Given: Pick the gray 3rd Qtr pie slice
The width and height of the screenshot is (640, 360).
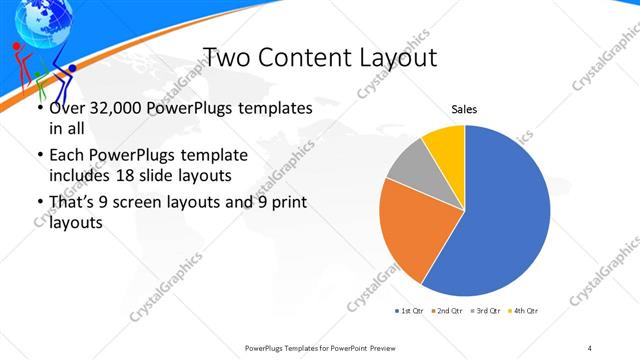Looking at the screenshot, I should pyautogui.click(x=408, y=168).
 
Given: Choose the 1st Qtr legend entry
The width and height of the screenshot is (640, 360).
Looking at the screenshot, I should pyautogui.click(x=409, y=311).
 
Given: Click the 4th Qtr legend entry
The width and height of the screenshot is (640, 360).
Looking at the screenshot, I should pyautogui.click(x=524, y=311).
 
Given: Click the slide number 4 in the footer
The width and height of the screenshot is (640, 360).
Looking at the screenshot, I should pyautogui.click(x=590, y=347).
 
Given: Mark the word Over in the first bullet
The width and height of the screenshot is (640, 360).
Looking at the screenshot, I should pyautogui.click(x=67, y=107).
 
